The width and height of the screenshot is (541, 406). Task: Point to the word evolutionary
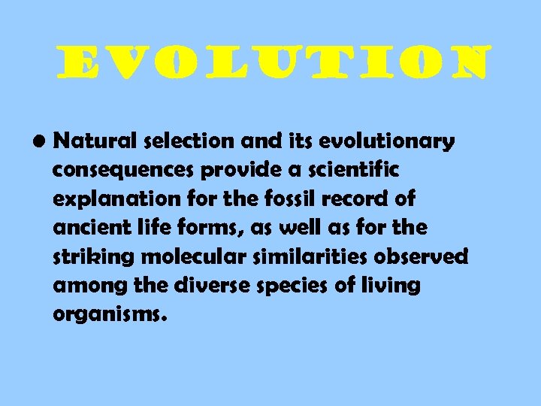coord(383,142)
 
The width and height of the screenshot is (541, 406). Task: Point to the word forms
coord(222,228)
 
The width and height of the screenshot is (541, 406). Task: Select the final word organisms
coord(106,314)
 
